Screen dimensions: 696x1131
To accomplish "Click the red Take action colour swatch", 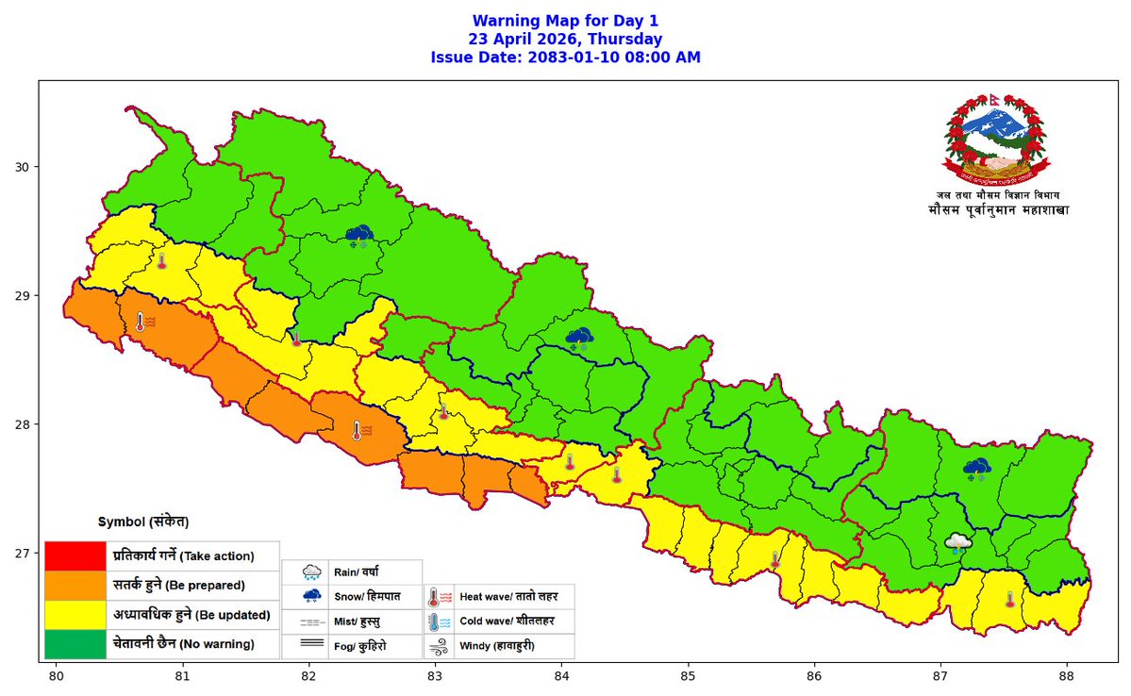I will [x=74, y=555].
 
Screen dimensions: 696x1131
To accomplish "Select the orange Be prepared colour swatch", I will [x=74, y=585].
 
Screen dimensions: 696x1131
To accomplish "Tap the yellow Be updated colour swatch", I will [x=74, y=615].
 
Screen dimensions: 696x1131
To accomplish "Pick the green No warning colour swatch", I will [x=74, y=644].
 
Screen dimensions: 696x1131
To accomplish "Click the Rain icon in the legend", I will [x=312, y=572].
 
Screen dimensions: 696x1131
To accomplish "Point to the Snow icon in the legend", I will [x=312, y=597].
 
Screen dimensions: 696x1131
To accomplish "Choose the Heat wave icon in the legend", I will [x=438, y=597].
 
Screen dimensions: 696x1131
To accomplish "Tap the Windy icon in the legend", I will [x=438, y=647].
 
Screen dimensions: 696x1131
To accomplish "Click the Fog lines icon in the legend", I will [x=312, y=647].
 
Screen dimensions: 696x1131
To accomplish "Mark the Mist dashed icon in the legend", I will [x=312, y=622].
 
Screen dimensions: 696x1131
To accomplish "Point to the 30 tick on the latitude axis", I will [x=38, y=167].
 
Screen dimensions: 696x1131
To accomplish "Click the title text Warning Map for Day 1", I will [x=565, y=21].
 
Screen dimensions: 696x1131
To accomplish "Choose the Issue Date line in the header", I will [x=565, y=58].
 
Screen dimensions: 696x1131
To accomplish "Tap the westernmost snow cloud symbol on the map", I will [x=358, y=235].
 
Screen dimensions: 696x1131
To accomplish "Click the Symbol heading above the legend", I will [x=143, y=522].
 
